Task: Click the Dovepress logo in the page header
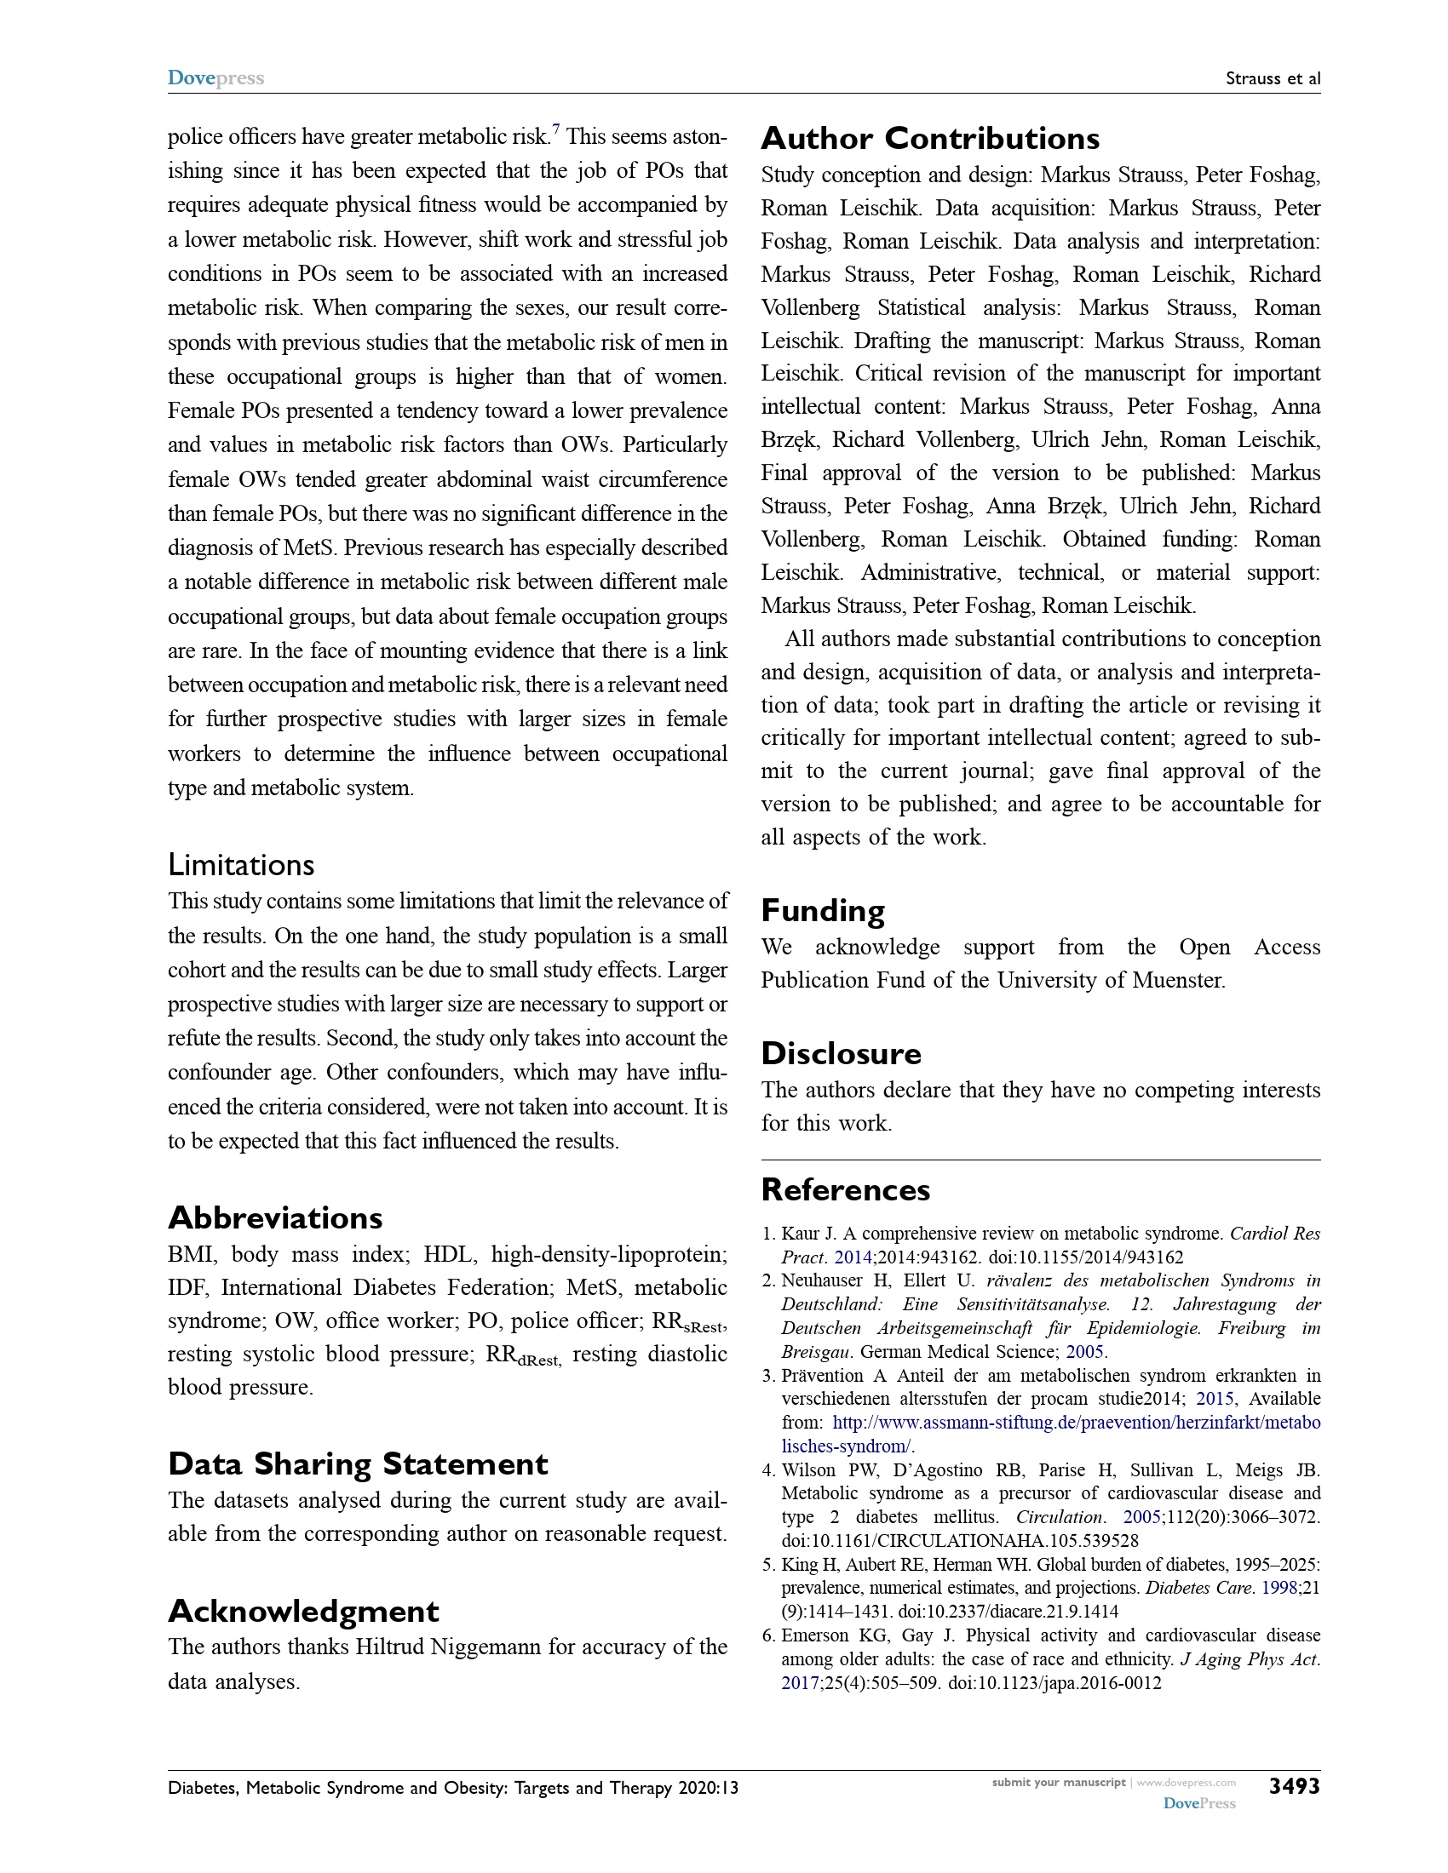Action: tap(215, 78)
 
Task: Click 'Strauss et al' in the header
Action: tap(1273, 79)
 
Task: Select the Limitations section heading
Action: tap(241, 864)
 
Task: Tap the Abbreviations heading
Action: tap(275, 1217)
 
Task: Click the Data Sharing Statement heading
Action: tap(358, 1464)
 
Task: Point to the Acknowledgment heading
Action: tap(304, 1611)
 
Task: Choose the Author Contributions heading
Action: tap(930, 138)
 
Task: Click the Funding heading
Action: tap(823, 910)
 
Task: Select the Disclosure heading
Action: tap(841, 1053)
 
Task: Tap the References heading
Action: tap(845, 1189)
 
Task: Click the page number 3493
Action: tap(1294, 1786)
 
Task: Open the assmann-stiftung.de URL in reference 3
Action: tap(1076, 1423)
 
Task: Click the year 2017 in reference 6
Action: tap(800, 1682)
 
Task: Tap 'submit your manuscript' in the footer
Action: tap(1058, 1782)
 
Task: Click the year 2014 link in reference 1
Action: tap(853, 1257)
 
